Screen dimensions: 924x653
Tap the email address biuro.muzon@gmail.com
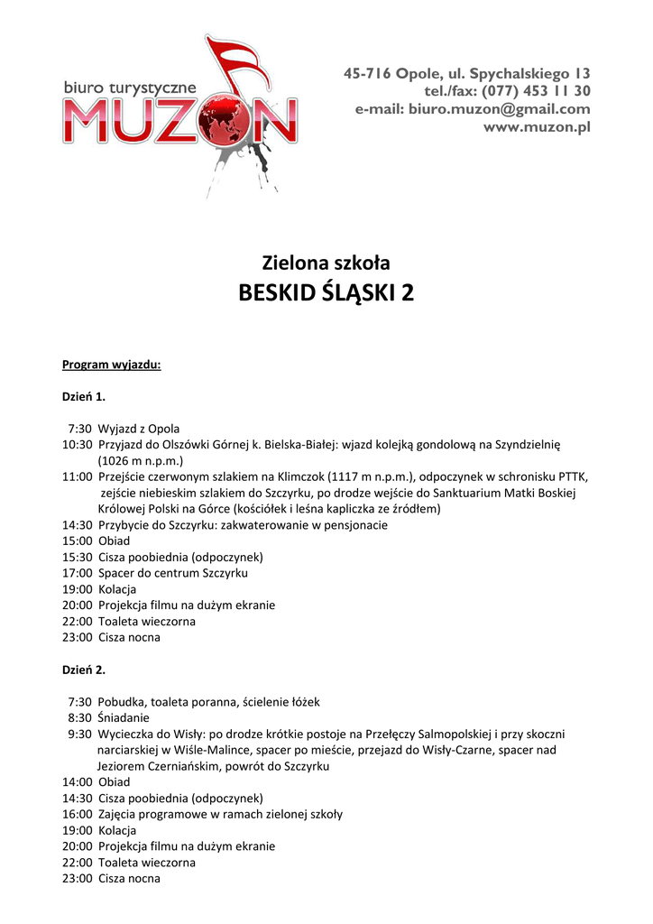(499, 109)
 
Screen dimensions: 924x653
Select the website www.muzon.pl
(537, 127)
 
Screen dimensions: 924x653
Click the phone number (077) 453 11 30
(536, 91)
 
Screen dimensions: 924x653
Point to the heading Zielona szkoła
(326, 263)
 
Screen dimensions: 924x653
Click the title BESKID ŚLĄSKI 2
(326, 293)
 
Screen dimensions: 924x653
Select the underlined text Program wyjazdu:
(112, 365)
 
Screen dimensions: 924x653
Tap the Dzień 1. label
(84, 396)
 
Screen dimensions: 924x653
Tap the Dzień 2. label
(84, 670)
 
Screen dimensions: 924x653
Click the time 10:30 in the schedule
(77, 445)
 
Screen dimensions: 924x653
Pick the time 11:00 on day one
(77, 476)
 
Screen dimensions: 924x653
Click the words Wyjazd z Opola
(139, 429)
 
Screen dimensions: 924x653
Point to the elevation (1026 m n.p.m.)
(141, 460)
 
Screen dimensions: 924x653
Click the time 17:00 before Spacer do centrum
(77, 573)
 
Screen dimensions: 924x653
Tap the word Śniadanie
(124, 717)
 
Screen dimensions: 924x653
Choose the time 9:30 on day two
(79, 734)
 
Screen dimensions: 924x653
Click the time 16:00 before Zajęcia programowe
(77, 814)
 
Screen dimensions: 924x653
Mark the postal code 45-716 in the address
(367, 73)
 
